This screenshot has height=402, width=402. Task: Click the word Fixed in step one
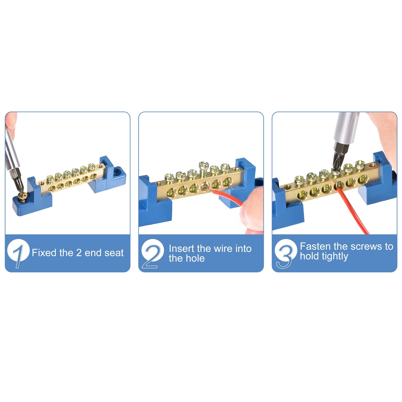pos(42,253)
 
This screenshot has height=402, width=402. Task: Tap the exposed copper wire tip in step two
pos(206,187)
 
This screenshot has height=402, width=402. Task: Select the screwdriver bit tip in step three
pos(336,168)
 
